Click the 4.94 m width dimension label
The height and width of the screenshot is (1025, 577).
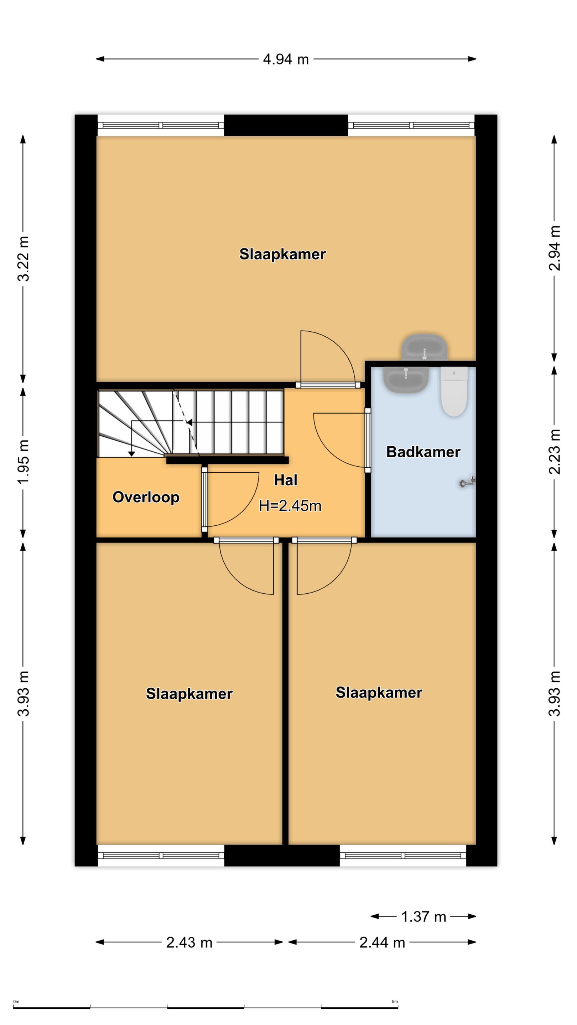(x=286, y=60)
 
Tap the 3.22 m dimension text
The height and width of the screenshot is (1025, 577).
(x=24, y=259)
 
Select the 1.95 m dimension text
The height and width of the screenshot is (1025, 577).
(x=24, y=462)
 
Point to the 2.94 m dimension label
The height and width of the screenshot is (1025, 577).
(x=555, y=248)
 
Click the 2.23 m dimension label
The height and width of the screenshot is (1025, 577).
(x=555, y=452)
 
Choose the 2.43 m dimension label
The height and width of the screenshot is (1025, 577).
(x=189, y=943)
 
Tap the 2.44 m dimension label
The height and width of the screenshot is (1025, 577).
(x=382, y=943)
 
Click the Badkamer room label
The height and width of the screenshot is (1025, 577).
(x=423, y=452)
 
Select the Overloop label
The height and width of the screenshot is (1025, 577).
(x=146, y=498)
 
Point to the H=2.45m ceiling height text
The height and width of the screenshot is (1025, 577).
(x=290, y=506)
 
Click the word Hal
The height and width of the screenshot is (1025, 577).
(x=286, y=480)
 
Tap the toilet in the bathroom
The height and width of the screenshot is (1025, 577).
(x=454, y=391)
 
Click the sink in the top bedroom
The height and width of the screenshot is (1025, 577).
(x=425, y=347)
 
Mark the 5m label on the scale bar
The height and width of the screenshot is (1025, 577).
(x=395, y=1002)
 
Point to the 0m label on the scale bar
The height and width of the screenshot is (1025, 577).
(x=16, y=1002)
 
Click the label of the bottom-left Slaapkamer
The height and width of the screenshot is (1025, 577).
(x=189, y=694)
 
